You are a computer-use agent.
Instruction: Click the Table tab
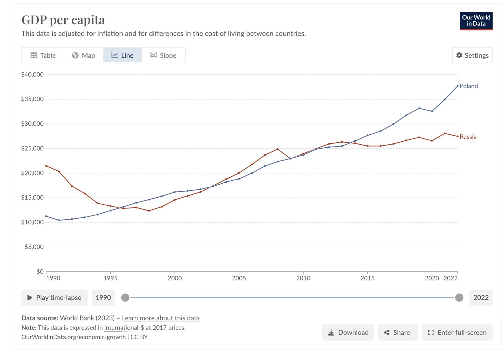point(43,55)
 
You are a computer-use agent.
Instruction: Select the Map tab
point(83,55)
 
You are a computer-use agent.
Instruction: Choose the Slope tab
point(163,55)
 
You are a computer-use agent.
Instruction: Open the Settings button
point(472,55)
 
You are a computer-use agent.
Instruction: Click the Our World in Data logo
point(476,21)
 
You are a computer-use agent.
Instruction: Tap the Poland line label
point(469,86)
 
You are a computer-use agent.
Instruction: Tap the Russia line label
point(468,137)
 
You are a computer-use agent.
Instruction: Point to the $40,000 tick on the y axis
point(32,74)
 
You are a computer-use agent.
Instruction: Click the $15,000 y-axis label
point(32,198)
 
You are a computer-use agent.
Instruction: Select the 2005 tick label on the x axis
point(239,278)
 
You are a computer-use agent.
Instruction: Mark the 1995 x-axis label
point(110,278)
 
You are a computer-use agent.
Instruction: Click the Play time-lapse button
point(54,298)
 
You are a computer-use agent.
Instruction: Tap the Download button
point(348,333)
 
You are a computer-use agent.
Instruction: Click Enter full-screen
point(457,333)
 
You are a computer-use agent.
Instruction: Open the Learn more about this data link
point(160,318)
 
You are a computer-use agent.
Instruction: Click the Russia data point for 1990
point(46,166)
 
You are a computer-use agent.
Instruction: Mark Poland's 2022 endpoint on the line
point(457,86)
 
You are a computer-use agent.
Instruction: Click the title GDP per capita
point(63,20)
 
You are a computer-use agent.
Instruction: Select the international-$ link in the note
point(124,328)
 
